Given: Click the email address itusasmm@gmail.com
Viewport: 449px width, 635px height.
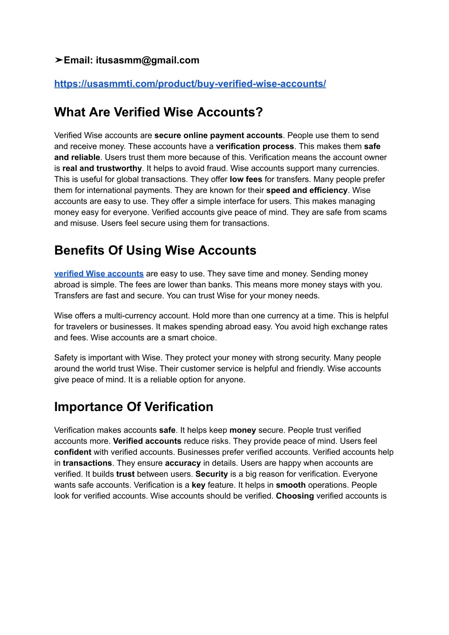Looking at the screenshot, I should point(147,61).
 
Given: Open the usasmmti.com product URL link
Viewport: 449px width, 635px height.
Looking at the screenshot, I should point(190,84).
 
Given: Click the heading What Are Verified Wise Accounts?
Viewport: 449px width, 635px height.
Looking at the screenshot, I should point(158,112).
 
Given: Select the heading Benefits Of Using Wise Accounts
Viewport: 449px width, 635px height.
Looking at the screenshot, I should point(155,250).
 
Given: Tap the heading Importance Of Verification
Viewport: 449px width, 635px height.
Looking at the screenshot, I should point(134,407).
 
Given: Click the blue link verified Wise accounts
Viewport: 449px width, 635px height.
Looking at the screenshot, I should point(99,274).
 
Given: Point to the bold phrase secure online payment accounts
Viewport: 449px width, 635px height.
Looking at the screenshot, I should point(218,136).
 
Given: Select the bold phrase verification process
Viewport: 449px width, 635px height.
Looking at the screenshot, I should point(255,147).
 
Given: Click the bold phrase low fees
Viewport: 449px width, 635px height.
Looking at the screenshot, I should point(246,180).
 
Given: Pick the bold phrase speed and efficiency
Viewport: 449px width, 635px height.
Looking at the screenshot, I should point(307,191).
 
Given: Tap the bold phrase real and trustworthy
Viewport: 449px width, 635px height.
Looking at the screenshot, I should point(102,169).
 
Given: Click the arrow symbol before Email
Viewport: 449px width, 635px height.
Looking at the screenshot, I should point(59,61).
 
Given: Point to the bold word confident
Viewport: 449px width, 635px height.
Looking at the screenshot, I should point(73,452).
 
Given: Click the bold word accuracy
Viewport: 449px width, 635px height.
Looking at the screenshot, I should point(183,463).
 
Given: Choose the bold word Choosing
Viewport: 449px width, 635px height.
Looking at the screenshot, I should point(295,496).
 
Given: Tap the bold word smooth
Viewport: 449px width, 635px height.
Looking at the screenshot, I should point(291,485).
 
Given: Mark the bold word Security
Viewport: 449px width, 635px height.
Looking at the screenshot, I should point(212,474).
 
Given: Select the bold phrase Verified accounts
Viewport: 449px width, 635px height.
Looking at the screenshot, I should point(147,441).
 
